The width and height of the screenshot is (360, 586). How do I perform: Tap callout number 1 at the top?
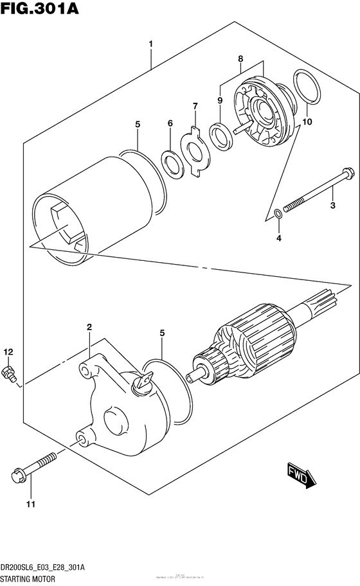150,44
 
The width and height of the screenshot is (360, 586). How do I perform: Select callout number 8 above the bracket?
240,59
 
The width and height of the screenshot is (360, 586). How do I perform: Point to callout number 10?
307,121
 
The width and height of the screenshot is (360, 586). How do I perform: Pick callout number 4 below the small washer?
278,239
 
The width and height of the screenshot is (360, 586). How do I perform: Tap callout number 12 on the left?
8,351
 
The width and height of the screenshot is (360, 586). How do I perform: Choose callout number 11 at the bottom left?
29,503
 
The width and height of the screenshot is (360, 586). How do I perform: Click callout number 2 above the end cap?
89,328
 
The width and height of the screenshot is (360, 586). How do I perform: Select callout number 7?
194,105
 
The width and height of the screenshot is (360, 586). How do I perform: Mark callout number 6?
170,123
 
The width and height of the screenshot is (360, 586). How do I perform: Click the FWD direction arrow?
299,476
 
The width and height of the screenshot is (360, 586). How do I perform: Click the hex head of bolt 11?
18,475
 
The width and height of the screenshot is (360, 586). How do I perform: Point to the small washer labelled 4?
278,213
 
